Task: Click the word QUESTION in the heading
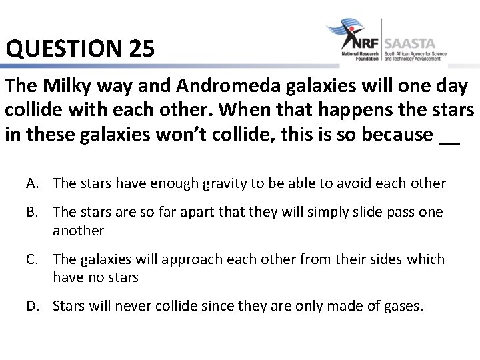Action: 61,49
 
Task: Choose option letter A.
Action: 33,183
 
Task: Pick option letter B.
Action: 33,212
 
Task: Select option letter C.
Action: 33,259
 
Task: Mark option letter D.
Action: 33,306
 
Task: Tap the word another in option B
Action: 79,231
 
